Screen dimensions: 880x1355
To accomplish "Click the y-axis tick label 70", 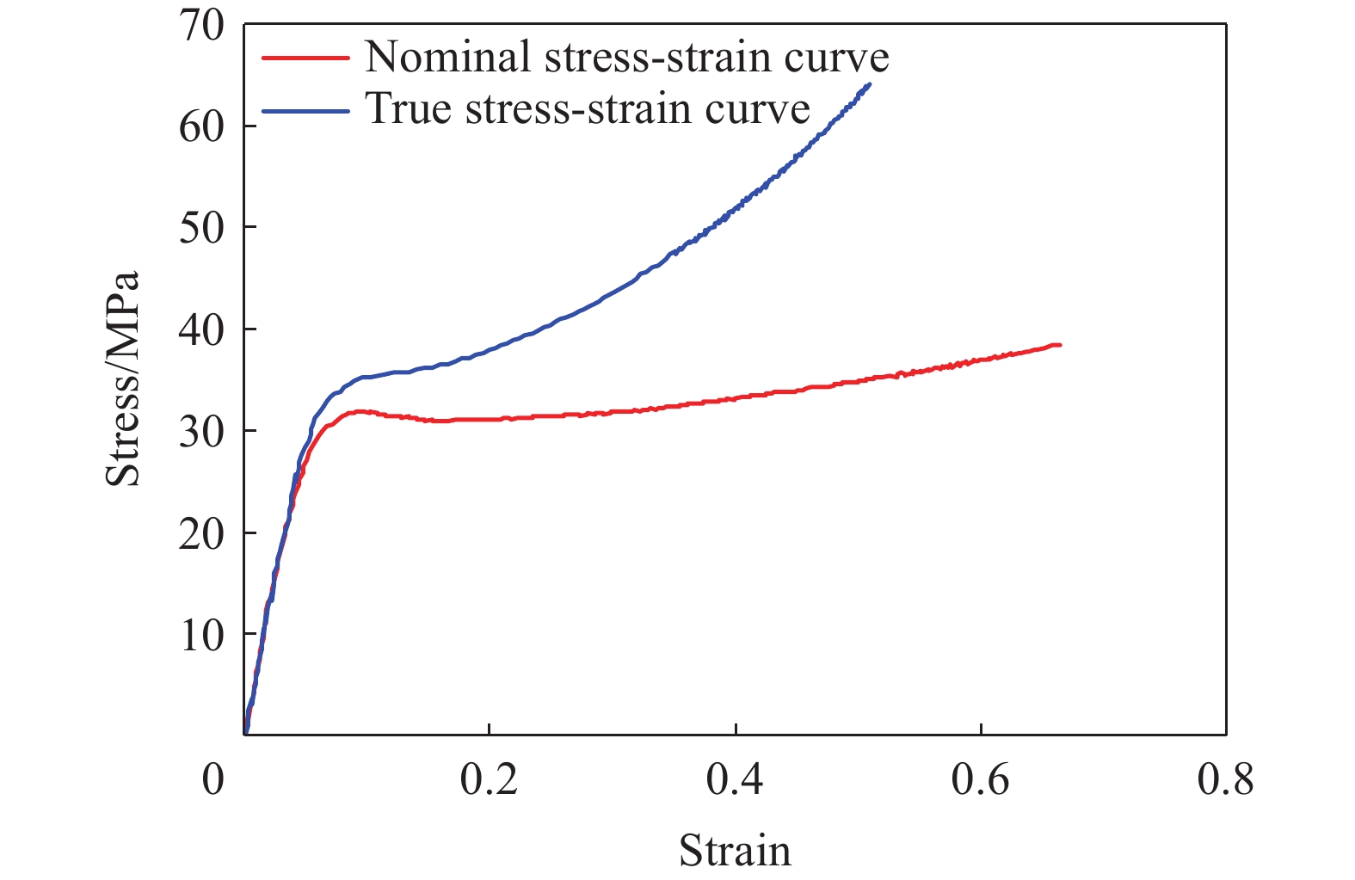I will point(201,25).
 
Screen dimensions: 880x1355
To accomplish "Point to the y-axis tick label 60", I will point(201,126).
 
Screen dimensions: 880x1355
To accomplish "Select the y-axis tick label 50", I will point(201,228).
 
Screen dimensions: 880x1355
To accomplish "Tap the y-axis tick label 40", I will point(201,329).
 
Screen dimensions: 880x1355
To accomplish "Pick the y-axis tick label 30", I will point(201,431).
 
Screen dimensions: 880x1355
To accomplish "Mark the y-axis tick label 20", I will point(201,533).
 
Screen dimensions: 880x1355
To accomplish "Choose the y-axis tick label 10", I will point(201,635).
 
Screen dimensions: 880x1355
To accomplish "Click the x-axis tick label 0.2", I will point(489,779).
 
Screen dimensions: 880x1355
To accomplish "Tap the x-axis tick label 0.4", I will point(735,779).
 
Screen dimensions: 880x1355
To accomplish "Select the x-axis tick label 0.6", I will point(981,779).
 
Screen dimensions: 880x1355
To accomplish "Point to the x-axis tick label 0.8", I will point(1226,779).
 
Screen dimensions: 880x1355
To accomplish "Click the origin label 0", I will point(212,779).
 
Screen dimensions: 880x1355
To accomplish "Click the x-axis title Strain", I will point(735,851).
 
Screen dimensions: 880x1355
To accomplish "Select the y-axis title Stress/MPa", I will point(122,379).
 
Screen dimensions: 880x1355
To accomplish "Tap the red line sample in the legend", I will point(305,58).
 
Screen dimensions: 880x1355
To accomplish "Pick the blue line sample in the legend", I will point(305,110).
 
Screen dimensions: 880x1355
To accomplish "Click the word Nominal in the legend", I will point(447,58).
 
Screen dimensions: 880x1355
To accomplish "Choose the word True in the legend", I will point(409,109).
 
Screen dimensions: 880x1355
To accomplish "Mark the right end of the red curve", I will point(1059,345).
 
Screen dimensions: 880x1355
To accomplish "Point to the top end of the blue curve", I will point(869,84).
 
